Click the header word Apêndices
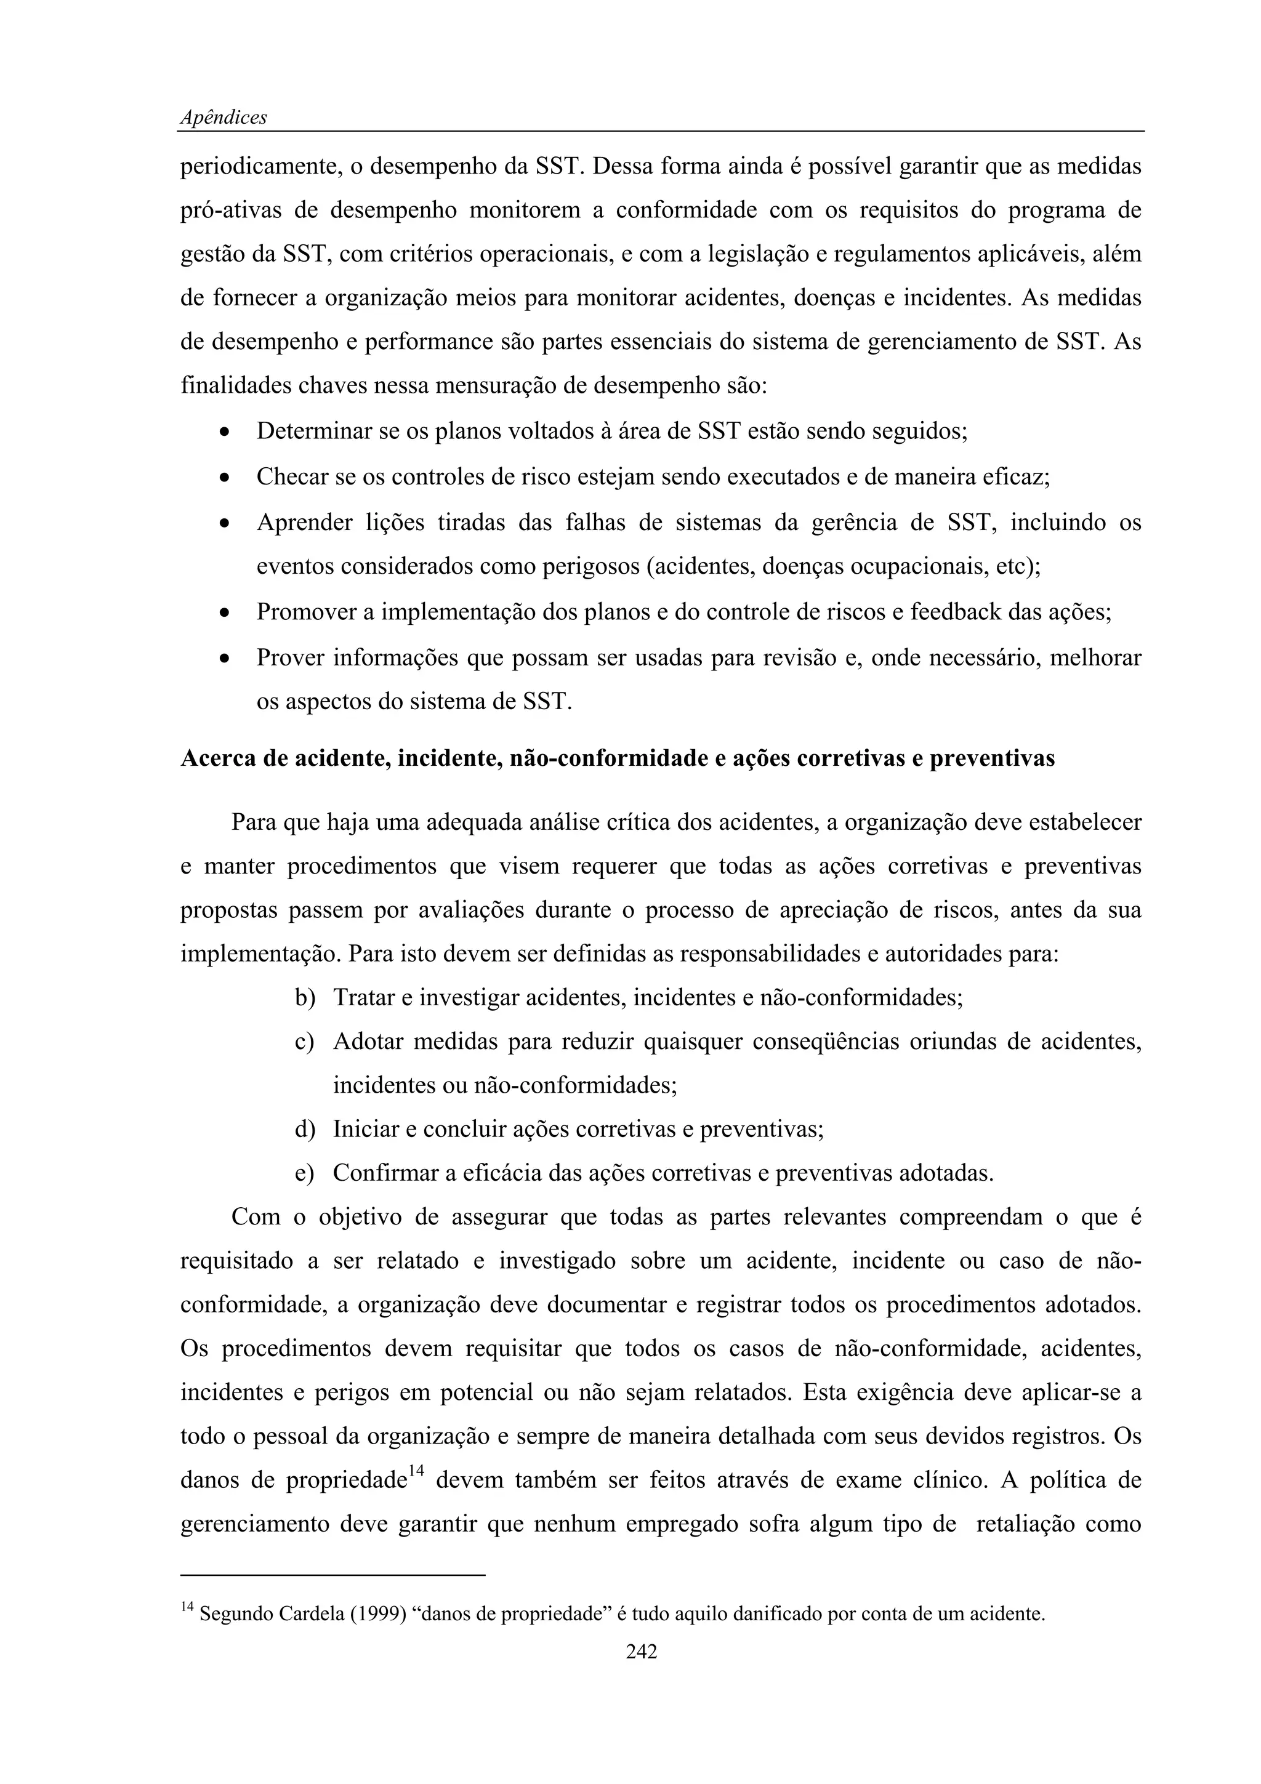pos(224,118)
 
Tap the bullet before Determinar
pos(225,433)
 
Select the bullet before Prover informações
pos(225,660)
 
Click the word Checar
pos(294,476)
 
